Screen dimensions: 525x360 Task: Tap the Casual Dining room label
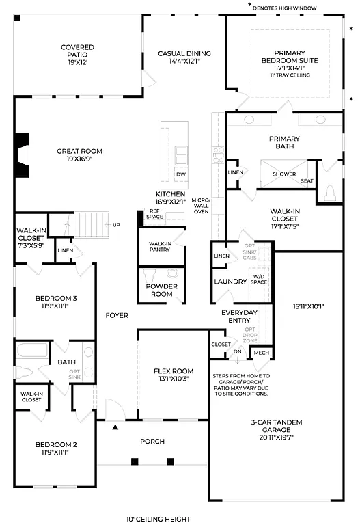184,57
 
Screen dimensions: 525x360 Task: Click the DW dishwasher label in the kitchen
181,174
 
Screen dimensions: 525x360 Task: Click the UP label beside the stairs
116,225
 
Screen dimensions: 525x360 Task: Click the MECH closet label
261,353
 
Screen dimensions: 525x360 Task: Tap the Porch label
152,441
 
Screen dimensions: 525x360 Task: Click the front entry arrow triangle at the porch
115,427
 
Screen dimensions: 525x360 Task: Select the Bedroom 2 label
56,448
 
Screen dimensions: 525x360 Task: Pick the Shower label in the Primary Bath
284,174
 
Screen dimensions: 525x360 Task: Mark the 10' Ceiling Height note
158,519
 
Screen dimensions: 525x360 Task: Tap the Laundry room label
230,281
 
